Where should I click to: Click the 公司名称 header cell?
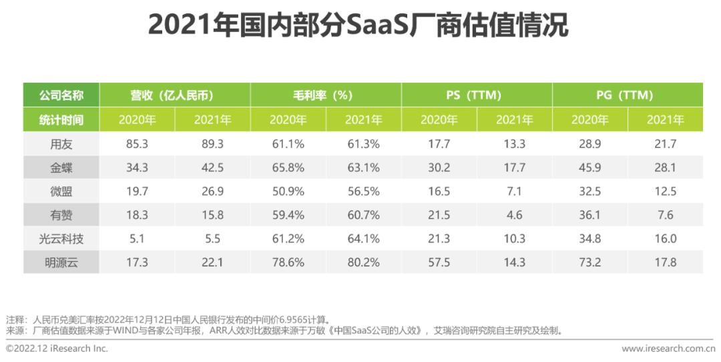point(61,95)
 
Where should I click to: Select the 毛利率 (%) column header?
point(326,95)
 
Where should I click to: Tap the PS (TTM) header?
point(477,95)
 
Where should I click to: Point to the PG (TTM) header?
point(628,95)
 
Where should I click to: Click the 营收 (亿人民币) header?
point(175,95)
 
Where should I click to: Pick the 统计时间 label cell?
point(61,120)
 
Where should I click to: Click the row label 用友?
point(61,144)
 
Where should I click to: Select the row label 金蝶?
point(61,168)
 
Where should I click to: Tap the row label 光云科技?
point(61,239)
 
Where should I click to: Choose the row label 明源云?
point(61,263)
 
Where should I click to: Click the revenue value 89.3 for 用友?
point(212,144)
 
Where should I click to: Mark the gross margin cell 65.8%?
point(288,168)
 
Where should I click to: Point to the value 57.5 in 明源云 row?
point(439,263)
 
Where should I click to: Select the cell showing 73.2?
point(590,263)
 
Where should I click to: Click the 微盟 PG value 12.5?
point(665,191)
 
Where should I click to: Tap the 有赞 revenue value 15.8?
point(212,215)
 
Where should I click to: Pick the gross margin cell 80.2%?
point(363,263)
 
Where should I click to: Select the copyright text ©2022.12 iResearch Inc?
point(57,349)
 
